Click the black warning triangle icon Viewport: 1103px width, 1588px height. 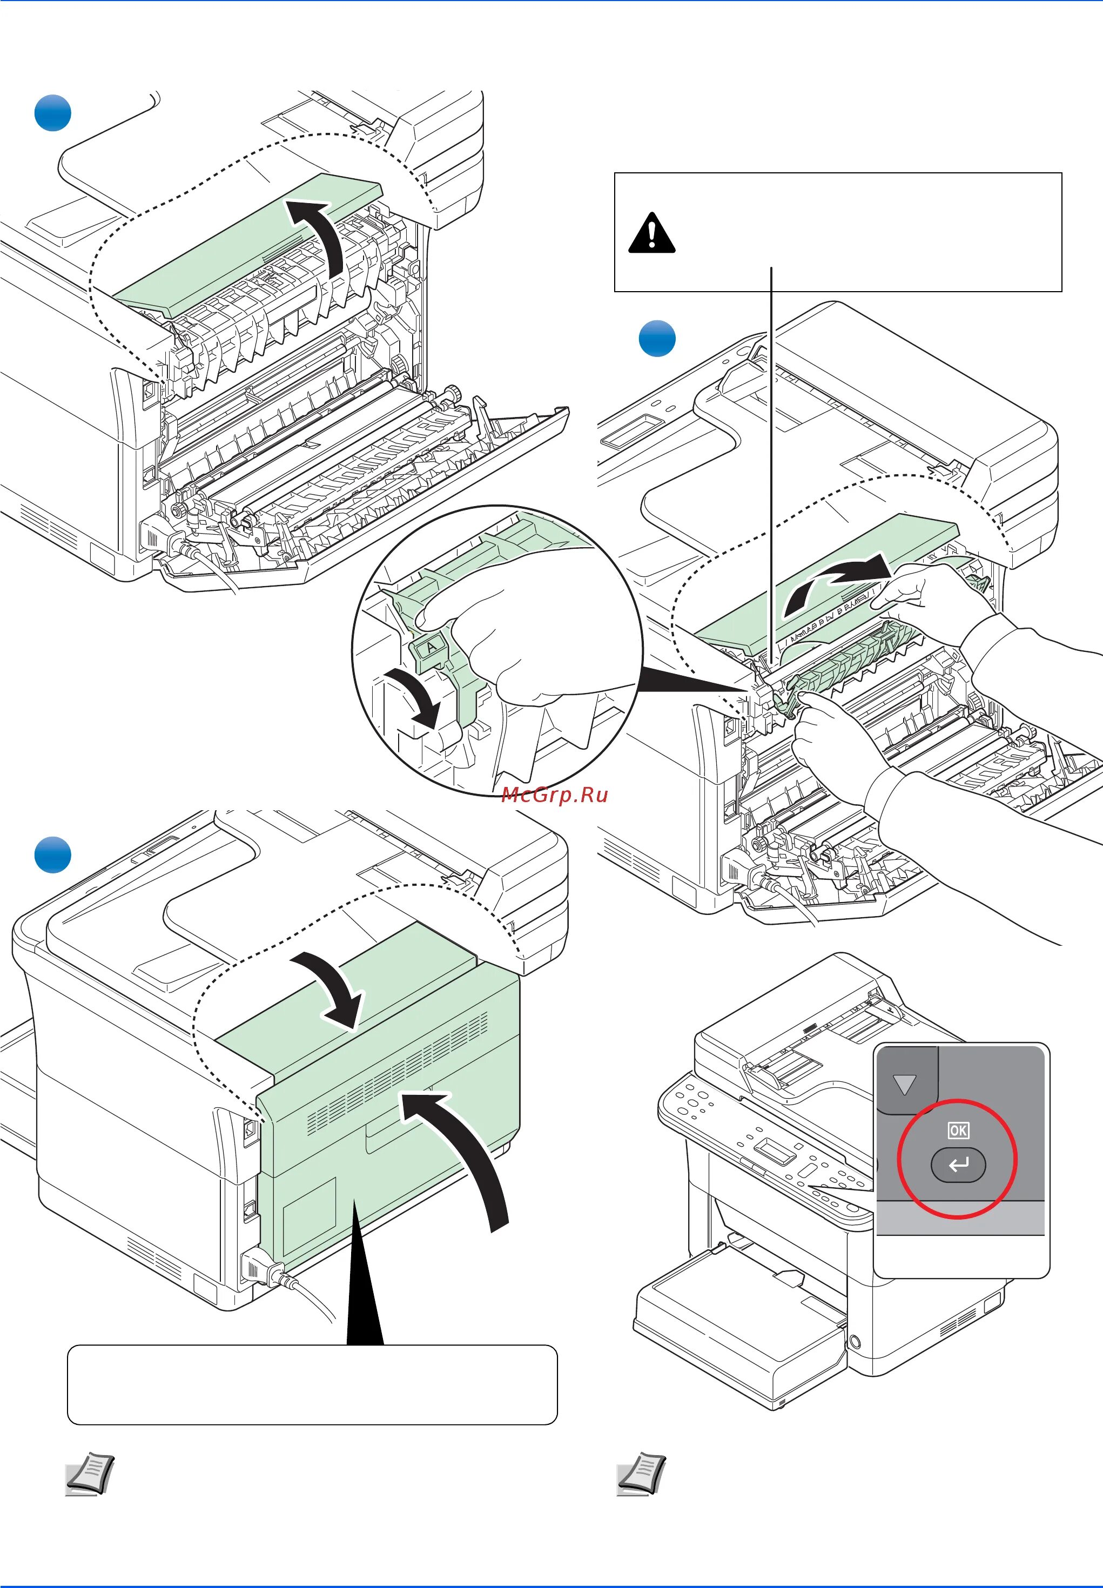[651, 233]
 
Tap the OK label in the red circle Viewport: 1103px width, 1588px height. [958, 1131]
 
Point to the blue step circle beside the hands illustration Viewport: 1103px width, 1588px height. [656, 339]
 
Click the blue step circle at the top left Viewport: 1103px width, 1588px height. [52, 113]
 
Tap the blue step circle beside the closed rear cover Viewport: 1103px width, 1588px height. [52, 855]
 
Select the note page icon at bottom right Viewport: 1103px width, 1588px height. [641, 1475]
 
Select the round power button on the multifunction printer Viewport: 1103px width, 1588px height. [854, 1342]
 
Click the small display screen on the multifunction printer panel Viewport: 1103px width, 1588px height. [776, 1150]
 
